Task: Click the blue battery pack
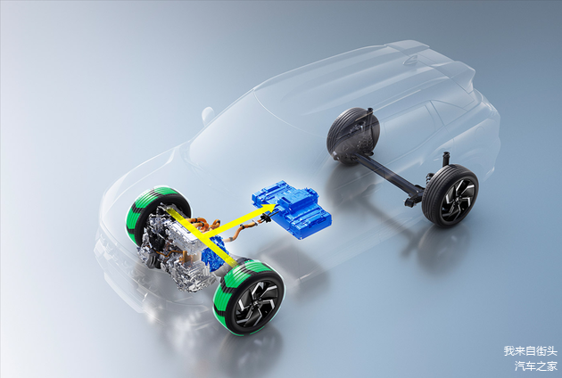pyautogui.click(x=292, y=210)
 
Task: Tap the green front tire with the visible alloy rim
pyautogui.click(x=249, y=297)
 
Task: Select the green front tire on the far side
pyautogui.click(x=158, y=215)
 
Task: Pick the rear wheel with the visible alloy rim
pyautogui.click(x=450, y=195)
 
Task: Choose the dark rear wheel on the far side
pyautogui.click(x=353, y=136)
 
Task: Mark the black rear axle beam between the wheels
pyautogui.click(x=389, y=171)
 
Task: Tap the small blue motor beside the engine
pyautogui.click(x=214, y=253)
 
